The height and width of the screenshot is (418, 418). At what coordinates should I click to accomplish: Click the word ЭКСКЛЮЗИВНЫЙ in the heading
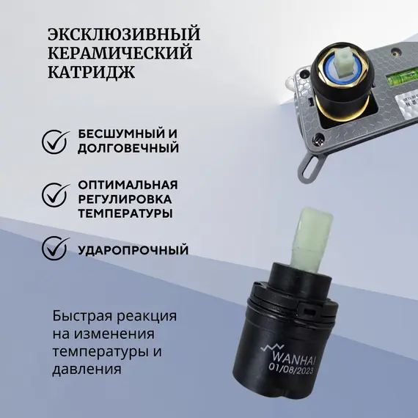point(123,35)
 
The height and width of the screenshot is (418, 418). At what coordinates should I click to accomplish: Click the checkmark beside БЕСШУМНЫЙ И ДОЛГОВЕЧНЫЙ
point(52,141)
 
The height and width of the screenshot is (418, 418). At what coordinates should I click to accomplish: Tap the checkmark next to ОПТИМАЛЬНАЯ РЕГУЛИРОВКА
point(52,195)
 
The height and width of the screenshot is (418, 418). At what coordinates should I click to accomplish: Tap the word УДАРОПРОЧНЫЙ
point(133,250)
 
